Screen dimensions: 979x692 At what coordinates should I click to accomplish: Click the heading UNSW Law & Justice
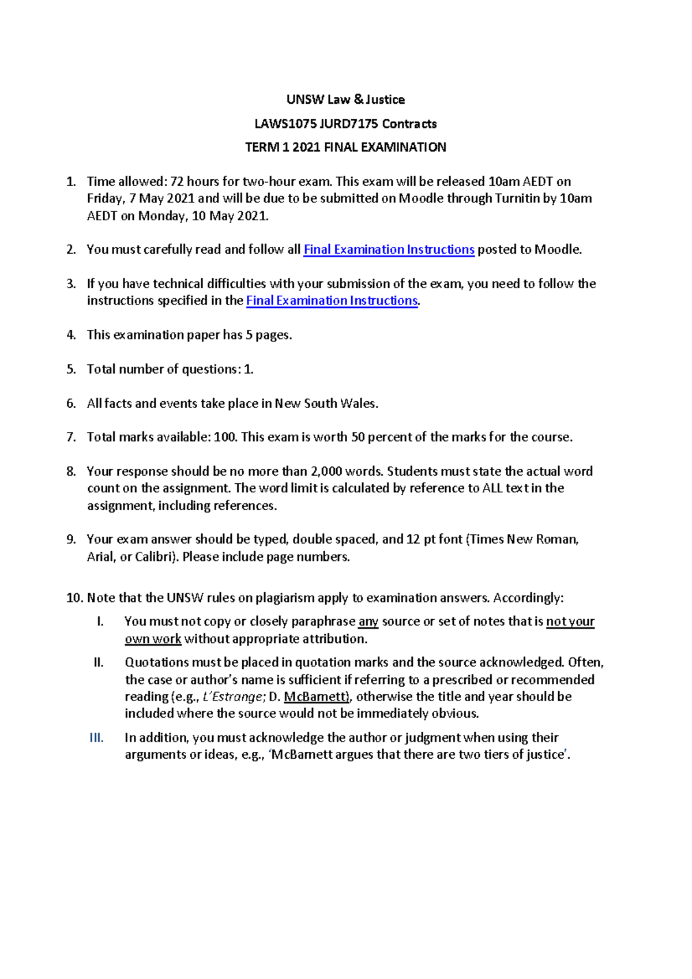[x=345, y=100]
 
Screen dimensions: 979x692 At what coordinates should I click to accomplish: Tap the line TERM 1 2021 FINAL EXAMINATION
[x=345, y=148]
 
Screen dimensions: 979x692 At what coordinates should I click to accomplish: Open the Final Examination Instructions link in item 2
[x=389, y=250]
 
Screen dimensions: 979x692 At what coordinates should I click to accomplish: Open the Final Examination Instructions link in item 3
[x=332, y=301]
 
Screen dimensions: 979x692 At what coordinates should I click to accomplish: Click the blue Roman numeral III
[x=97, y=738]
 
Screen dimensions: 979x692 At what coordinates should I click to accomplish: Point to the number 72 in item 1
[x=176, y=182]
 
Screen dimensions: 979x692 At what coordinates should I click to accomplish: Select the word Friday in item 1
[x=105, y=199]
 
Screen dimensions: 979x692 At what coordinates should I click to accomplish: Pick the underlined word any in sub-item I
[x=368, y=622]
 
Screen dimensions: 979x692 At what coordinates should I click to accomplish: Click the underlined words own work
[x=153, y=639]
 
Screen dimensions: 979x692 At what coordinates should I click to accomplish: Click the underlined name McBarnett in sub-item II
[x=316, y=697]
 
